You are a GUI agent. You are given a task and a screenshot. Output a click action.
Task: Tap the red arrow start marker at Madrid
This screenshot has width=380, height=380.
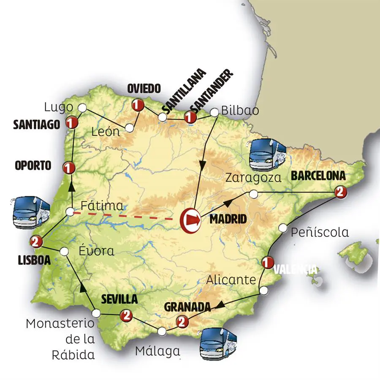[x=190, y=220]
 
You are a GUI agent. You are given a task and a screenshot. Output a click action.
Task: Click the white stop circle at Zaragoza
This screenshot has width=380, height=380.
[x=253, y=194]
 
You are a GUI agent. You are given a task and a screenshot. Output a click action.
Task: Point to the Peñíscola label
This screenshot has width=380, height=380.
[x=320, y=232]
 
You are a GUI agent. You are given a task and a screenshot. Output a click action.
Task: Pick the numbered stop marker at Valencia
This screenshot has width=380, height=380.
[x=266, y=263]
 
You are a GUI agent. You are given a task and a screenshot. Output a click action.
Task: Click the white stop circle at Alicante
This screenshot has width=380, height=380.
[x=263, y=290]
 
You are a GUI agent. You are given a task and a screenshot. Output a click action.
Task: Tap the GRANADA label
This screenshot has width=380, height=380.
[x=187, y=307]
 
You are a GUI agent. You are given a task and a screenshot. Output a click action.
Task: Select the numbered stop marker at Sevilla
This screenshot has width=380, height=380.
[x=125, y=315]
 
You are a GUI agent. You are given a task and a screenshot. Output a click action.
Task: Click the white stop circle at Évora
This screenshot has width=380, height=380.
[x=64, y=251]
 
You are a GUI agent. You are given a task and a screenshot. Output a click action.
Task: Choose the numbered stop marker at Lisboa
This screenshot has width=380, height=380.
[x=35, y=242]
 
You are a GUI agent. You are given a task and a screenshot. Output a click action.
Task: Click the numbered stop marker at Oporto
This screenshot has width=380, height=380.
[x=67, y=168]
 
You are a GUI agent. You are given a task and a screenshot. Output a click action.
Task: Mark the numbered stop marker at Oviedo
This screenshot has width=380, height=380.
[x=136, y=104]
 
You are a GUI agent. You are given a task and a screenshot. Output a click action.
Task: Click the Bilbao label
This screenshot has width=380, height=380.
[x=240, y=111]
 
